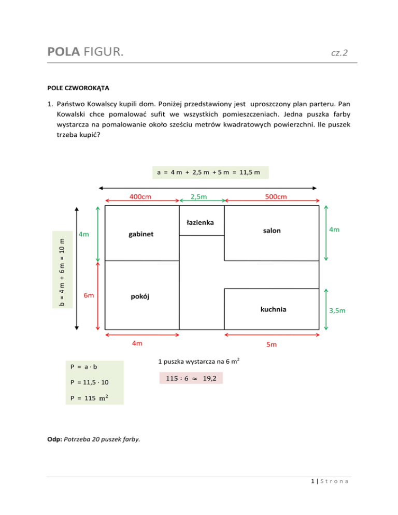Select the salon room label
pyautogui.click(x=271, y=231)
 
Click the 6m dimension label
pyautogui.click(x=89, y=295)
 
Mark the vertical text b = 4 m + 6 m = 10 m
pyautogui.click(x=62, y=267)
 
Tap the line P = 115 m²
pyautogui.click(x=90, y=398)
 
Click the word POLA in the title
pyautogui.click(x=63, y=52)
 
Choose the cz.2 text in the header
pyautogui.click(x=339, y=53)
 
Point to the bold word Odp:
pyautogui.click(x=54, y=440)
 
